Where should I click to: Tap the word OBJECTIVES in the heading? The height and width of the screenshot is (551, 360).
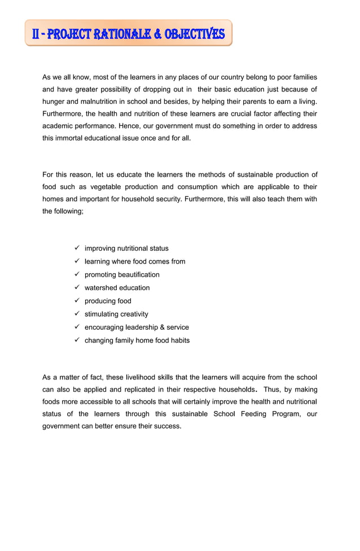[x=195, y=34]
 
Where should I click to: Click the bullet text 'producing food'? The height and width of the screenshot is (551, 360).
[x=108, y=301]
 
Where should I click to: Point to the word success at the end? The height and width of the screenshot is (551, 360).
[x=168, y=426]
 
